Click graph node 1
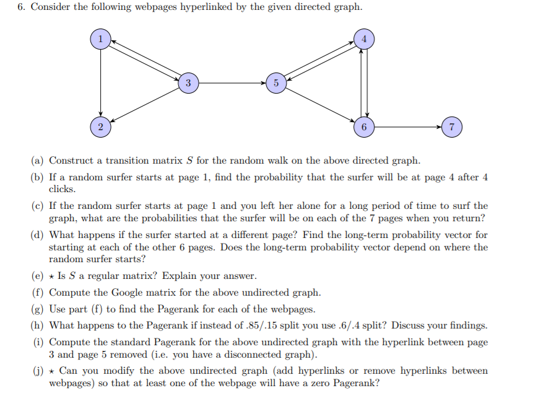point(100,38)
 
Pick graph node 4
point(364,38)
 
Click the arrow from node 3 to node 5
point(232,82)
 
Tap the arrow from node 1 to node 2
point(100,82)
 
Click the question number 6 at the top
point(20,7)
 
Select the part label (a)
point(38,161)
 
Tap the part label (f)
point(38,292)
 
